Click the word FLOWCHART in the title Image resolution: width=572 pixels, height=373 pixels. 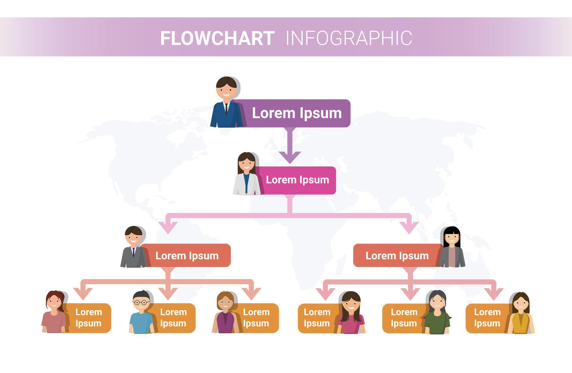(x=217, y=38)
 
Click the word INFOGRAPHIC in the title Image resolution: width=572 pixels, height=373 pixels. (x=349, y=38)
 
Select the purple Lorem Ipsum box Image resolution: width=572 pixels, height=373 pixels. (x=296, y=113)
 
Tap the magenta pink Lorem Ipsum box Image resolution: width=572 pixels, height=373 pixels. (x=297, y=180)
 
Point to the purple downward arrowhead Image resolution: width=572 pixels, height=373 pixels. (x=290, y=157)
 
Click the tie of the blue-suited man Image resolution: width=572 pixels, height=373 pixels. (x=226, y=108)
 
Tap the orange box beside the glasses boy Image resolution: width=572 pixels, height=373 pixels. (x=173, y=318)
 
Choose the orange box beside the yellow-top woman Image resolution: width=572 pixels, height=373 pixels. (x=486, y=318)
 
